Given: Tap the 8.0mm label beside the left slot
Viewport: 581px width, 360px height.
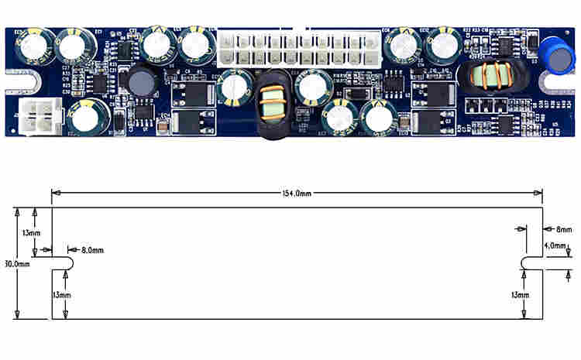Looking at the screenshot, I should (x=91, y=250).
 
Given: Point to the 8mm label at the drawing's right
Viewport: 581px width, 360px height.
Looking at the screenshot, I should (x=563, y=229).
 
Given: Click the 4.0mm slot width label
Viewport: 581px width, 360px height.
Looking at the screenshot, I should (x=556, y=246).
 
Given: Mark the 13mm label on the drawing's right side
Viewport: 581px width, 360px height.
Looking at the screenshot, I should (x=521, y=295).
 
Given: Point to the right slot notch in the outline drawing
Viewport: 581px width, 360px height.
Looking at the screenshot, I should (x=530, y=263).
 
